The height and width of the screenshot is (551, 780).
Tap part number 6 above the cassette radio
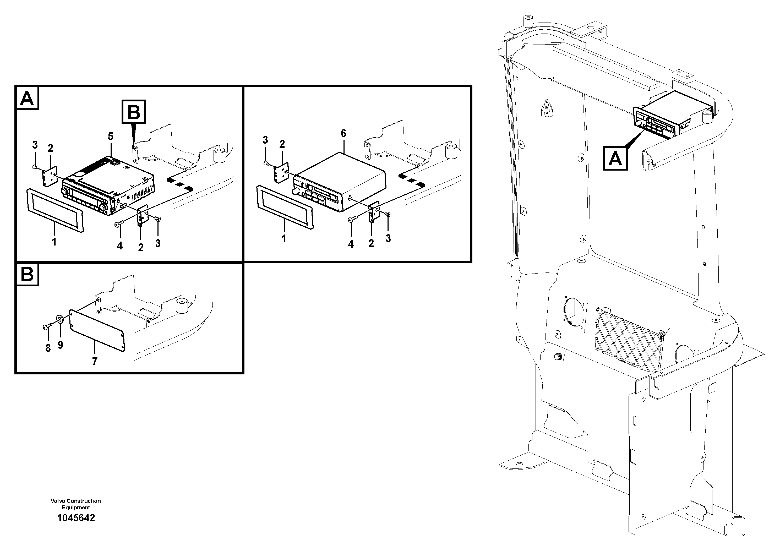pos(343,134)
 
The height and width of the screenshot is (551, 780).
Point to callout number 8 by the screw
pos(48,348)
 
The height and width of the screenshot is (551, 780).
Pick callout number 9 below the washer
pos(60,345)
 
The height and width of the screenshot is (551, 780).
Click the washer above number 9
pos(60,319)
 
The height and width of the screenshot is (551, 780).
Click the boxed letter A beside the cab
pos(615,158)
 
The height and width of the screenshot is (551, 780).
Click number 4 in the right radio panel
pos(351,244)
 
